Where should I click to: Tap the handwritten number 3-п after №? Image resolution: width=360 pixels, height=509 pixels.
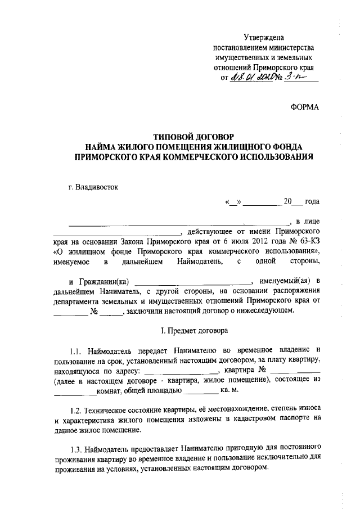click(294, 78)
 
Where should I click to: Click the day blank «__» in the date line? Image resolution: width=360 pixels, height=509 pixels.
click(232, 201)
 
